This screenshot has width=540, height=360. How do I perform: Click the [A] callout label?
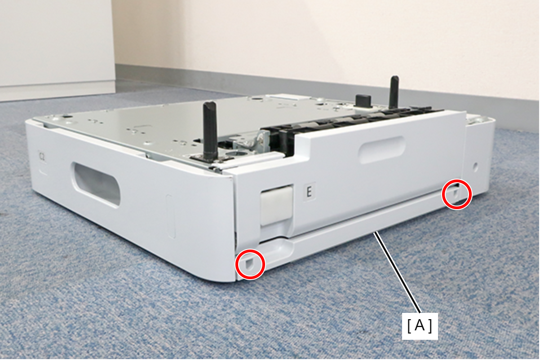tap(420, 326)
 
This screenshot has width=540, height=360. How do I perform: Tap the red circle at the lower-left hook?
tap(250, 264)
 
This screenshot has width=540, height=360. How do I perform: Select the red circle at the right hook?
tap(456, 194)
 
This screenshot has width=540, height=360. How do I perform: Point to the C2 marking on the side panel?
tap(42, 157)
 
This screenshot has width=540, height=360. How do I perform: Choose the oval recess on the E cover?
tap(382, 149)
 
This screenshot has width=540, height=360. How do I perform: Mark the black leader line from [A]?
tap(398, 272)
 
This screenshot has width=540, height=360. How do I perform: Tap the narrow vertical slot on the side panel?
tap(171, 216)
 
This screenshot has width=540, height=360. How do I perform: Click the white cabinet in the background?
tap(57, 49)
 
